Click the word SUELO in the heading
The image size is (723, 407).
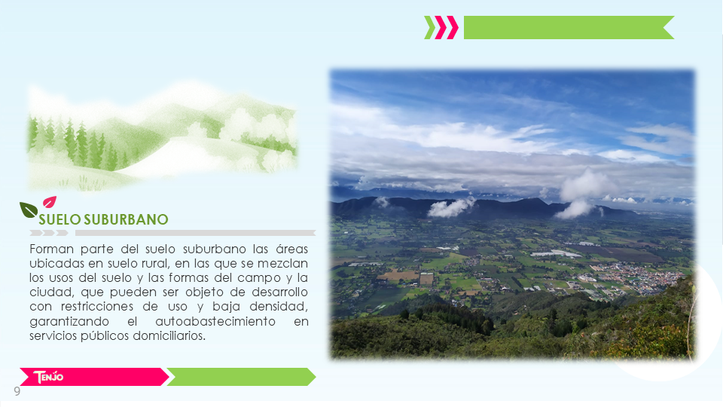pyautogui.click(x=60, y=219)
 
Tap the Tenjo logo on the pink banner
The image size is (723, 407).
pyautogui.click(x=48, y=377)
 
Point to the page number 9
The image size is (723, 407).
pyautogui.click(x=17, y=391)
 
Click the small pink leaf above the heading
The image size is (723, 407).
pyautogui.click(x=50, y=202)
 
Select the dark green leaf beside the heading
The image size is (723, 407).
pyautogui.click(x=28, y=210)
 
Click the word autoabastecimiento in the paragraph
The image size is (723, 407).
pyautogui.click(x=215, y=321)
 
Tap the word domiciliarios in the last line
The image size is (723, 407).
pyautogui.click(x=169, y=336)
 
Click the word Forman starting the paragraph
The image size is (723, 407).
pyautogui.click(x=52, y=249)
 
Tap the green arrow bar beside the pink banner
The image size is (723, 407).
pyautogui.click(x=241, y=377)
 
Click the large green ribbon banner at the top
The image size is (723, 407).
pyautogui.click(x=569, y=28)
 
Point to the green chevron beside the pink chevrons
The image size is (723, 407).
pyautogui.click(x=429, y=28)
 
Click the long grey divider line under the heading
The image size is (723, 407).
pyautogui.click(x=195, y=233)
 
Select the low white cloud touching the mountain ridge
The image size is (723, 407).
pyautogui.click(x=450, y=208)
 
